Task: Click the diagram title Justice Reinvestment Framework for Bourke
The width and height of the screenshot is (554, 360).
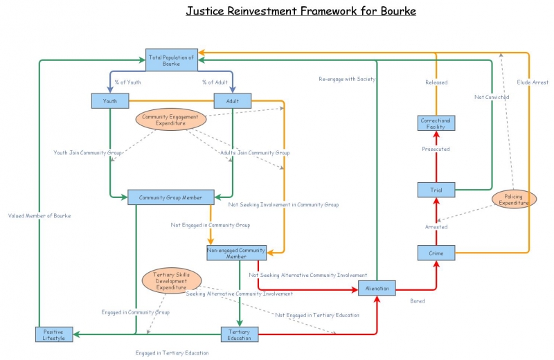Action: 301,12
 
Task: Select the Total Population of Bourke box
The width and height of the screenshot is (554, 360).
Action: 171,60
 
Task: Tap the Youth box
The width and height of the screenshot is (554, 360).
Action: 110,101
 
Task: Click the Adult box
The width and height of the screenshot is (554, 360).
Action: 232,101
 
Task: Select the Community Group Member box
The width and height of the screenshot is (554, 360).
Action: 171,197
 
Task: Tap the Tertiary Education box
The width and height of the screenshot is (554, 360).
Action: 240,334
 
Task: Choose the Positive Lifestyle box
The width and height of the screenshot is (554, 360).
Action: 54,334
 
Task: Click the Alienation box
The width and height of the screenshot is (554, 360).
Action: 377,288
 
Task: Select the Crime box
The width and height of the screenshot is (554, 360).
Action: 436,253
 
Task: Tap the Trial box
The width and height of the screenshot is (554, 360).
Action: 436,189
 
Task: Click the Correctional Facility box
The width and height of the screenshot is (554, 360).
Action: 436,123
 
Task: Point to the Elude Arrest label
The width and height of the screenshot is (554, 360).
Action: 533,82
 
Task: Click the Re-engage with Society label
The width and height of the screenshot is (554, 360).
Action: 347,79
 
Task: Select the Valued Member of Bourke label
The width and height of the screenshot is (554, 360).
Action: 39,215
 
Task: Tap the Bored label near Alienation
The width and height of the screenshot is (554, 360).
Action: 417,301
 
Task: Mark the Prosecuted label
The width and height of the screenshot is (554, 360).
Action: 436,149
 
